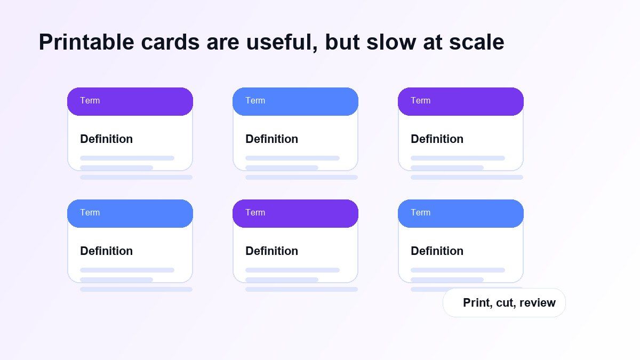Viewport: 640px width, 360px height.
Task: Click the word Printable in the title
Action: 86,43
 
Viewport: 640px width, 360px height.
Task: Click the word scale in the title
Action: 477,42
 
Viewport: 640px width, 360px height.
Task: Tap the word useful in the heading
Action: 282,42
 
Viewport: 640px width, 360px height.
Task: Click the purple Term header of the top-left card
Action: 130,101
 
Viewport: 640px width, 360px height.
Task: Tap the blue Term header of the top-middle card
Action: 295,101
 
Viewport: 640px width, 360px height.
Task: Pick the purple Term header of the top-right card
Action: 461,101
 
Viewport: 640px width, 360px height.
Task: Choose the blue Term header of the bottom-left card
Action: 130,213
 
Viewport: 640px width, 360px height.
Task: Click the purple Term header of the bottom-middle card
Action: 295,213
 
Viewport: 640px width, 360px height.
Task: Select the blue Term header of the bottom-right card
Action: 461,213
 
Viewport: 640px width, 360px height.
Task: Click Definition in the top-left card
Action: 106,139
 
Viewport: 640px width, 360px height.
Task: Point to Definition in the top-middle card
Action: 271,139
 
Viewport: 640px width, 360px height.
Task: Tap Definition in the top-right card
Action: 437,139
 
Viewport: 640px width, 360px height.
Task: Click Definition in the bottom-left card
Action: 106,251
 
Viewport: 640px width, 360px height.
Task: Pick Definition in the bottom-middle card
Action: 271,251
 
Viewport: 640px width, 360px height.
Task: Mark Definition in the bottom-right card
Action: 437,251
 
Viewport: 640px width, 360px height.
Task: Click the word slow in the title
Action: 391,42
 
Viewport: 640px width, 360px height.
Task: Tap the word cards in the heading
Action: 170,42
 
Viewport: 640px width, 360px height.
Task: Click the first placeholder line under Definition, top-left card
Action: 127,158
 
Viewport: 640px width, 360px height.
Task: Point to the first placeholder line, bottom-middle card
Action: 293,270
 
